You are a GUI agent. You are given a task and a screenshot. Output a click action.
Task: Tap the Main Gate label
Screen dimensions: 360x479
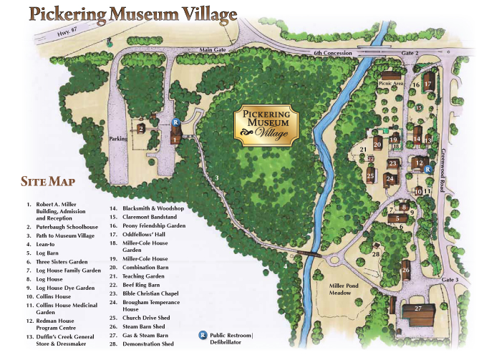pos(213,49)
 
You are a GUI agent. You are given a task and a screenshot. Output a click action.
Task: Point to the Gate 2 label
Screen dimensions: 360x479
pos(410,53)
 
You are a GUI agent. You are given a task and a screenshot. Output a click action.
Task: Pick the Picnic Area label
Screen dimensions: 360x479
pos(388,83)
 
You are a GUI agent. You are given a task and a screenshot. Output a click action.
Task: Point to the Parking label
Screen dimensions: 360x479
pos(117,138)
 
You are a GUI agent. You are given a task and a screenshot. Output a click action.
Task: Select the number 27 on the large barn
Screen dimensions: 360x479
pos(419,308)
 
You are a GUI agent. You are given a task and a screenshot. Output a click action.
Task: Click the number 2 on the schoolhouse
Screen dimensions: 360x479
pos(141,128)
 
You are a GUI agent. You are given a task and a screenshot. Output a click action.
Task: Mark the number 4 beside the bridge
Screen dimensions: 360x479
pos(284,266)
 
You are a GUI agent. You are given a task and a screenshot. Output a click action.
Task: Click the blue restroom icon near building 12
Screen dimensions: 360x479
pos(427,170)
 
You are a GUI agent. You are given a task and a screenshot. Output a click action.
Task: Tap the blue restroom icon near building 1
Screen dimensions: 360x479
pos(175,122)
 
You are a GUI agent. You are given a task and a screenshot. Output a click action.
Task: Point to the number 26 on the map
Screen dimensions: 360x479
pos(405,270)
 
